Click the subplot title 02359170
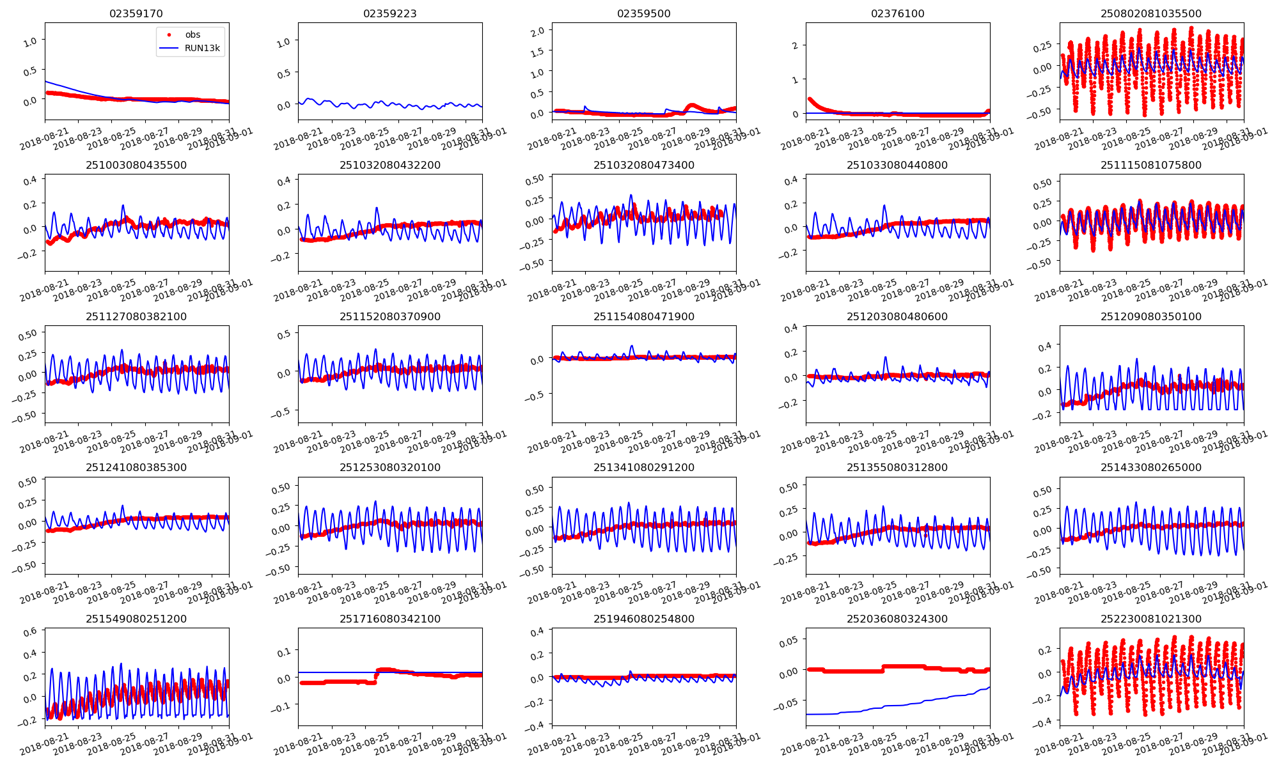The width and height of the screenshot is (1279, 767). click(x=136, y=13)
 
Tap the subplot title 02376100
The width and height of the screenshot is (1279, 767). click(x=897, y=13)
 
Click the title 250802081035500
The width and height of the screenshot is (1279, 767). click(x=1151, y=13)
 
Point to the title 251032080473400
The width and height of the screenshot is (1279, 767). click(x=643, y=165)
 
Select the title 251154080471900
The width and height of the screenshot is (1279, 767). click(x=643, y=316)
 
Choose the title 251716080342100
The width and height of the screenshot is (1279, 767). click(x=389, y=619)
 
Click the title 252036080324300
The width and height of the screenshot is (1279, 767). click(x=897, y=619)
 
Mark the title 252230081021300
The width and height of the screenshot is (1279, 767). click(x=1151, y=619)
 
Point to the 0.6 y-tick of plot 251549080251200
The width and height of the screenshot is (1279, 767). click(x=30, y=631)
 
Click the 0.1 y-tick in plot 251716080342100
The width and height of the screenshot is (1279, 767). click(x=284, y=651)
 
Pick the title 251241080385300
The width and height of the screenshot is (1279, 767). click(x=136, y=467)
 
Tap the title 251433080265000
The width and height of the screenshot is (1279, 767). click(x=1151, y=467)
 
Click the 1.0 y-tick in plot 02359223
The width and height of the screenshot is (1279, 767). click(x=284, y=42)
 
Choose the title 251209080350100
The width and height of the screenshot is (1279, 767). click(x=1151, y=316)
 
